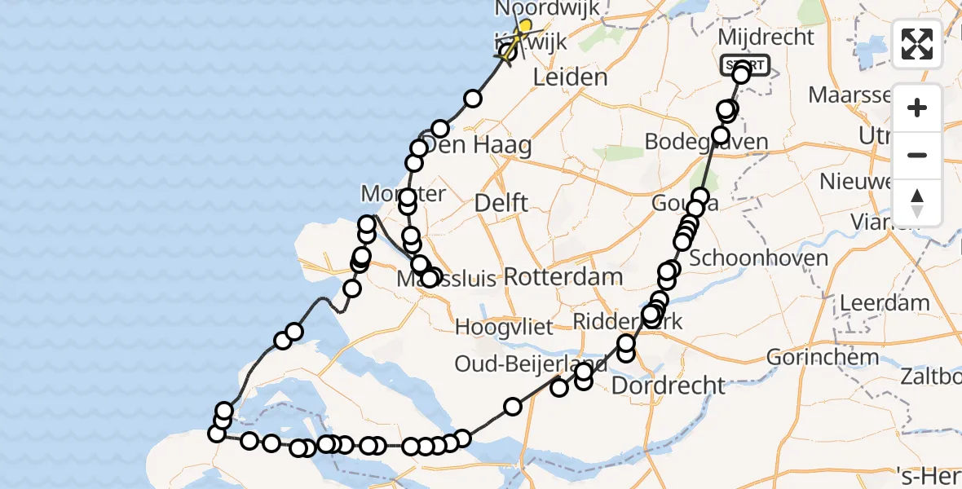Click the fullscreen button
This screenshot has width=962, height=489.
(x=917, y=44)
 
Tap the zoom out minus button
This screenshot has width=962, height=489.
(x=917, y=155)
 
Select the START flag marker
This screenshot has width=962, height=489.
(x=744, y=65)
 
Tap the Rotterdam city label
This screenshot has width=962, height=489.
(x=563, y=276)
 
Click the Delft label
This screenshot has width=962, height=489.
(x=502, y=203)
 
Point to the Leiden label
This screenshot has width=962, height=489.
(x=570, y=78)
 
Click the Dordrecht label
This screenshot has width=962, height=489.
(x=668, y=385)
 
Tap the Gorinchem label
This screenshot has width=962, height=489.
(x=823, y=356)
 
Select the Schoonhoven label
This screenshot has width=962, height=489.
(x=758, y=259)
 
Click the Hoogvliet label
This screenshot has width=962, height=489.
(x=504, y=328)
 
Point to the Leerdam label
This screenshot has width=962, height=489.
(x=885, y=303)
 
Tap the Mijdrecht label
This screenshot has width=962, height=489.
(x=765, y=37)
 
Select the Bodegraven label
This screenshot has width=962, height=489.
(x=706, y=141)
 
